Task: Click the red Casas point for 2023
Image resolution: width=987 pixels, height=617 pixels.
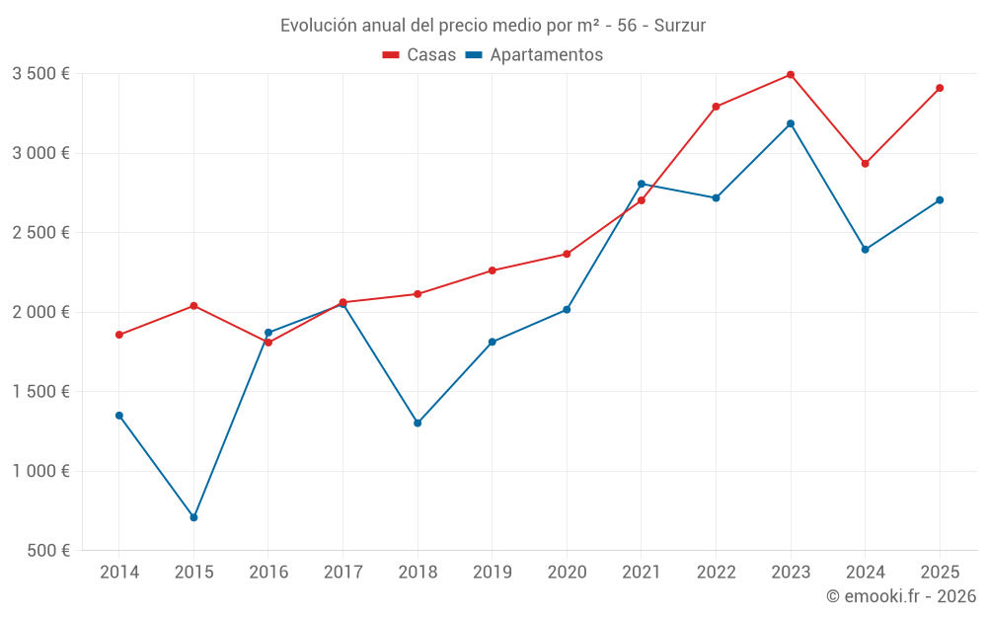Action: pos(791,74)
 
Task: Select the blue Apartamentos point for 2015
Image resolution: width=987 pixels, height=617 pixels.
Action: pos(193,517)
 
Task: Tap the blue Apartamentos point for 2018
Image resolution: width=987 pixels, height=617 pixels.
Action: pos(418,423)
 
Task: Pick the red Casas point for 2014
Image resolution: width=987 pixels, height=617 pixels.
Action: pos(119,335)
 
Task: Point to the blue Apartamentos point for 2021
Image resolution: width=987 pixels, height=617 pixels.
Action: pos(642,184)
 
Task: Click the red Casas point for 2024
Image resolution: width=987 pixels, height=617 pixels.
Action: pos(866,164)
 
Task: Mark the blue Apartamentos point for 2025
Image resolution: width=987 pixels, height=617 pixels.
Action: pos(940,200)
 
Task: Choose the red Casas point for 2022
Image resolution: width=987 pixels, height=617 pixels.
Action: pos(716,107)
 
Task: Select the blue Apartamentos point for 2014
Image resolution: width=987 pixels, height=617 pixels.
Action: pos(119,416)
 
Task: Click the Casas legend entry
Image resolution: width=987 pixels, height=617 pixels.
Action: pos(419,55)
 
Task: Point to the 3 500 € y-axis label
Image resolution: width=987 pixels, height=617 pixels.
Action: pos(40,74)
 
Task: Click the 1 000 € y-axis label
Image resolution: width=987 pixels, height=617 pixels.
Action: pos(40,471)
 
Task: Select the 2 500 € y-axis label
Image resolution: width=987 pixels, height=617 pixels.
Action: pos(40,233)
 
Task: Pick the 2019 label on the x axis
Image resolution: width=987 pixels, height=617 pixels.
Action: pos(492,572)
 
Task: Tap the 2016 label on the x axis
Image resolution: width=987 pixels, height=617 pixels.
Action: pos(268,572)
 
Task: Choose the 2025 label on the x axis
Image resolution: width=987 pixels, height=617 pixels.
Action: pos(940,572)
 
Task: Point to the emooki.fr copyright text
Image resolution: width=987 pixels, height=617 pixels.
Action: pos(901,596)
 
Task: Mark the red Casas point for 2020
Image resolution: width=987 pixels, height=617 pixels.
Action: pos(567,254)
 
